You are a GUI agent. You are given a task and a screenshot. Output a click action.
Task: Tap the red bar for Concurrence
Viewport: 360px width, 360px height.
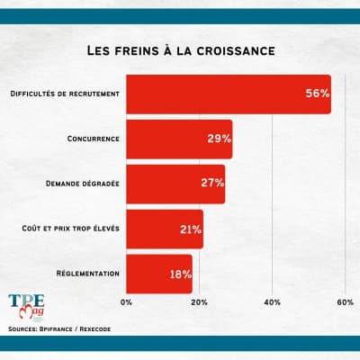[x=179, y=139]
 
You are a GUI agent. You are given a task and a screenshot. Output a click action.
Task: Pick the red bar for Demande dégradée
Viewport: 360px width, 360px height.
[x=175, y=184]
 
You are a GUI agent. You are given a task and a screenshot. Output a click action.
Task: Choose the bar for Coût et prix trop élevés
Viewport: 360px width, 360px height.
[x=165, y=229]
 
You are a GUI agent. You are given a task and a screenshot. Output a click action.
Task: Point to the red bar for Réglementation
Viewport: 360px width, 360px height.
[x=159, y=274]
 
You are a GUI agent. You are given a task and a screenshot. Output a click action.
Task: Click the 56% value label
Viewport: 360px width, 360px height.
[x=317, y=94]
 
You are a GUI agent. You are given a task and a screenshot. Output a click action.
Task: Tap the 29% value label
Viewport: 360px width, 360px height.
[x=219, y=139]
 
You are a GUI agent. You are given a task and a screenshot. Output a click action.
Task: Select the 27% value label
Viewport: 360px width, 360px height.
[x=211, y=184]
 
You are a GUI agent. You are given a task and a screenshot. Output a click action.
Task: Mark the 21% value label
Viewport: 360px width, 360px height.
[x=190, y=229]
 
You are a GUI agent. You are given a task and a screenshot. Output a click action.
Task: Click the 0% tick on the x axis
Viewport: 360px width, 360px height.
[x=126, y=301]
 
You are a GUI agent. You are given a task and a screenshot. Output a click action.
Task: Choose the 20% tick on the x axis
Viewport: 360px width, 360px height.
[x=199, y=301]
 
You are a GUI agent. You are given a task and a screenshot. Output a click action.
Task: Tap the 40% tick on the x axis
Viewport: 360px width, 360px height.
[x=272, y=301]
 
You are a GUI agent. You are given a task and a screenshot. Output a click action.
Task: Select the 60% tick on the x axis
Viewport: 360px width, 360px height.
[x=344, y=301]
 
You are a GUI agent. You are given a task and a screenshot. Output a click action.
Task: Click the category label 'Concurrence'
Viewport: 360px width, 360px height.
[x=94, y=139]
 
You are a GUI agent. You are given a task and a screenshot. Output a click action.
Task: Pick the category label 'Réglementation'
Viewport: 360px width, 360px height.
[x=88, y=274]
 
